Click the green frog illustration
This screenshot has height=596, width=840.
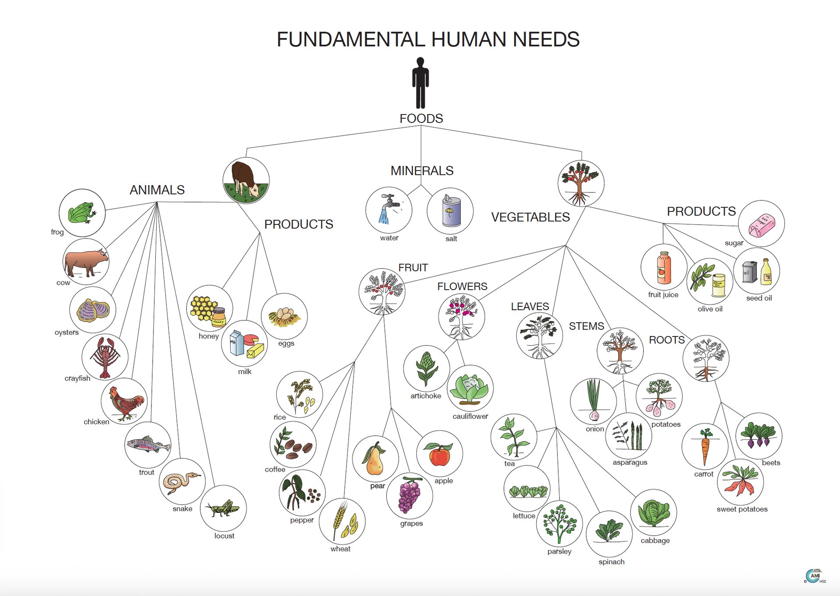(82, 213)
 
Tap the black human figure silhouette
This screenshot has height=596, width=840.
(420, 83)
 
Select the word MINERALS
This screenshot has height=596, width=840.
(422, 171)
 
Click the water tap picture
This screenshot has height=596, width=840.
(388, 210)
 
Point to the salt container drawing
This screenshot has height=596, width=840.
(451, 211)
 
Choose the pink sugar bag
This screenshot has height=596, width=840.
(761, 224)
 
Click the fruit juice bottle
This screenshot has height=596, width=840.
(664, 267)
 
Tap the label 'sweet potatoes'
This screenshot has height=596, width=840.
(742, 509)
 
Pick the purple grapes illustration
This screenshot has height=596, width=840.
(409, 495)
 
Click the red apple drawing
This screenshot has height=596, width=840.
(440, 454)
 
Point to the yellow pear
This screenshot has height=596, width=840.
(375, 459)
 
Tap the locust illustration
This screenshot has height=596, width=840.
(224, 508)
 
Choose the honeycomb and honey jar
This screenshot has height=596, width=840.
(209, 309)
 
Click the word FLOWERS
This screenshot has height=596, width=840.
(462, 286)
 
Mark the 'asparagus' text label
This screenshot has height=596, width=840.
(630, 462)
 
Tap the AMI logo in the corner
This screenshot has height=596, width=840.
(814, 575)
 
